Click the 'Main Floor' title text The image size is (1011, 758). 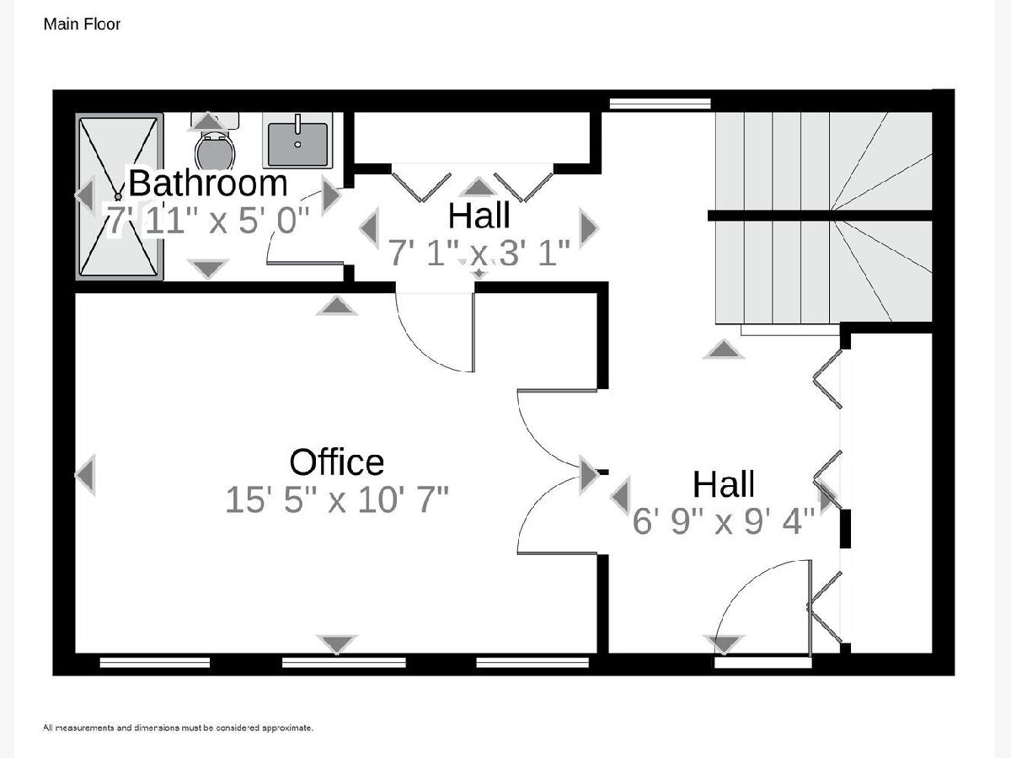pyautogui.click(x=82, y=24)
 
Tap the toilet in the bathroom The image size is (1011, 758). pyautogui.click(x=215, y=141)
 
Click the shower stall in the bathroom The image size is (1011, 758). pyautogui.click(x=119, y=196)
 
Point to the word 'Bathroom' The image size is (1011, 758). pyautogui.click(x=208, y=183)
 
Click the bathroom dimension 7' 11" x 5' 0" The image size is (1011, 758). pyautogui.click(x=208, y=220)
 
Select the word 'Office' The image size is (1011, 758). pyautogui.click(x=337, y=462)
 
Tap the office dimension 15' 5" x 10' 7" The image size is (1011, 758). pyautogui.click(x=337, y=499)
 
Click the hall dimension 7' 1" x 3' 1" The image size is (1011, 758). pyautogui.click(x=479, y=252)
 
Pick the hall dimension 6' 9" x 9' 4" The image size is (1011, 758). pyautogui.click(x=724, y=521)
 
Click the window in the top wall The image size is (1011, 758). pyautogui.click(x=660, y=104)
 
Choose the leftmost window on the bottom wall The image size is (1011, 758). pyautogui.click(x=155, y=662)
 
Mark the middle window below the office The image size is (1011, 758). pyautogui.click(x=344, y=662)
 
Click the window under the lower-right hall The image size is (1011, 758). pyautogui.click(x=762, y=662)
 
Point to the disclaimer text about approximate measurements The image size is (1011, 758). pyautogui.click(x=179, y=728)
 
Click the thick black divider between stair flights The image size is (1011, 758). pyautogui.click(x=820, y=216)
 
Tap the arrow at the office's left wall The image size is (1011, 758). pyautogui.click(x=86, y=474)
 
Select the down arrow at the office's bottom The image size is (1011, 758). pyautogui.click(x=337, y=643)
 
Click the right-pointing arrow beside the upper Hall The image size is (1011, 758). pyautogui.click(x=589, y=227)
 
